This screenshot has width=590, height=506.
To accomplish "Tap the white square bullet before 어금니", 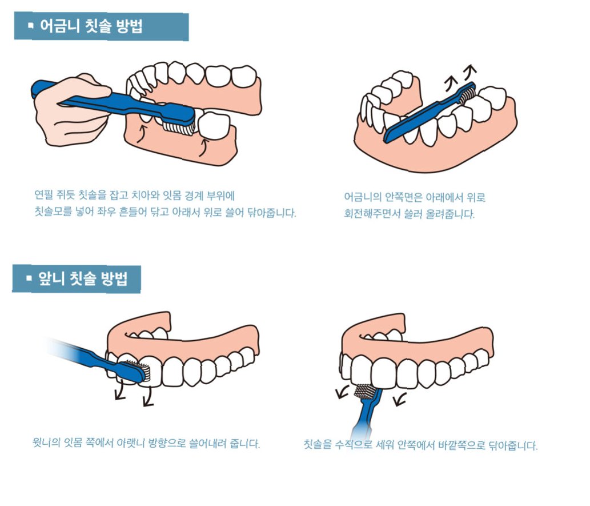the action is pyautogui.click(x=30, y=26).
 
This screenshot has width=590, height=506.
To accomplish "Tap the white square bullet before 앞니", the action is pyautogui.click(x=29, y=280).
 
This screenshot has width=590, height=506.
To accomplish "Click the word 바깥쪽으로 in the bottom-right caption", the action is pyautogui.click(x=460, y=445).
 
